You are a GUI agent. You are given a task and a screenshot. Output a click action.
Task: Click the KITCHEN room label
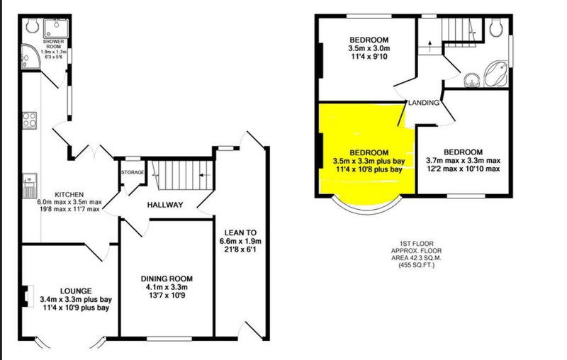coord(69,194)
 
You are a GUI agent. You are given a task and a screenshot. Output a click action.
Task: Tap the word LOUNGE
coord(76,291)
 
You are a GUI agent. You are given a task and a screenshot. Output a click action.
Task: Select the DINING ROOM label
coord(167,279)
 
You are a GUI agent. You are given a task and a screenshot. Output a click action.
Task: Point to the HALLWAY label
coord(165,205)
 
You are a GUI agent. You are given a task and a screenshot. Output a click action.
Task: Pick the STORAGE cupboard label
coord(133,172)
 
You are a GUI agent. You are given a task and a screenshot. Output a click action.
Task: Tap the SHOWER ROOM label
coord(54,44)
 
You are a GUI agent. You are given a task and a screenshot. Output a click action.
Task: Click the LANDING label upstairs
coord(423,103)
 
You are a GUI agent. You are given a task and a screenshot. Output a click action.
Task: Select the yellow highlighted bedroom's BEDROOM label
coord(369,152)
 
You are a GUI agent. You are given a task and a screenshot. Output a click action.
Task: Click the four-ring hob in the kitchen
coord(30,120)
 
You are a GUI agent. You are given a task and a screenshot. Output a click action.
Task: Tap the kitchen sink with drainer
coord(30,186)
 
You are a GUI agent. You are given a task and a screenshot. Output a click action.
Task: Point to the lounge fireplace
coord(27,296)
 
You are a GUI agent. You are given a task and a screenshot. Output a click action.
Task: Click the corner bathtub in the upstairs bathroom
coord(495,74)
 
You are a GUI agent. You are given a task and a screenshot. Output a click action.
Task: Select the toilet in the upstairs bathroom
coord(495,27)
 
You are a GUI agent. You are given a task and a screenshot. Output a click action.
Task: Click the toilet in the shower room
coord(33,26)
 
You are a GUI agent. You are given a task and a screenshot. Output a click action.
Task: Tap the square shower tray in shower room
coord(56,28)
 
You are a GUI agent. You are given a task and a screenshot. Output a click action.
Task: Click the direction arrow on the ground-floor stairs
coord(205,175)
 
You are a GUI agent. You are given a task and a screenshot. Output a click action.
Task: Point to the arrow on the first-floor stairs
coord(430,45)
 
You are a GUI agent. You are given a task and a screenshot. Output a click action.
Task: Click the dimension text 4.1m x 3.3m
coord(167,287)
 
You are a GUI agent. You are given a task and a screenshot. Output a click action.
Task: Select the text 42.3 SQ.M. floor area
coord(417,258)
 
